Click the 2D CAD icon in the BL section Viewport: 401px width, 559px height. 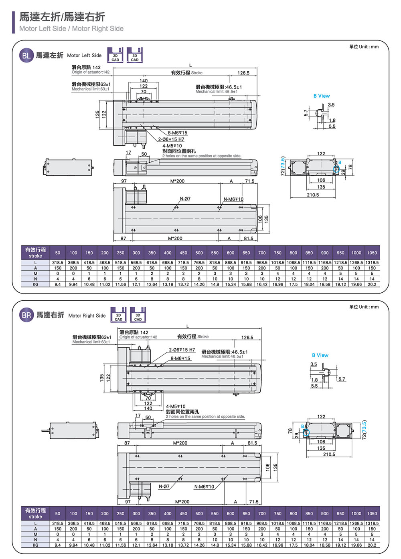point(115,55)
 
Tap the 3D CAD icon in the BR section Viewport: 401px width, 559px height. point(138,315)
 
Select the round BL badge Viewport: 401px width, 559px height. point(26,56)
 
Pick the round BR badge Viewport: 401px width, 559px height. point(26,315)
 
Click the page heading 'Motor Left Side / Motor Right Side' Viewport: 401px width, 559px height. point(71,28)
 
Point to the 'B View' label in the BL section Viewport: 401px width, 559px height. point(322,96)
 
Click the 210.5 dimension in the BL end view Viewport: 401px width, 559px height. point(313,195)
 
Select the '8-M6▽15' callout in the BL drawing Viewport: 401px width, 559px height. point(177,133)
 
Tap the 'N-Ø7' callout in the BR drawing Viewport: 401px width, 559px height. point(164,487)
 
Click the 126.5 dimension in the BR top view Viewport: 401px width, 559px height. point(247,338)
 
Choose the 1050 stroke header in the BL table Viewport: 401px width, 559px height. point(372,253)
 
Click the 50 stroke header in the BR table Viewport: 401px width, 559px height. point(58,513)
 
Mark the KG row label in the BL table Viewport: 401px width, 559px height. point(35,284)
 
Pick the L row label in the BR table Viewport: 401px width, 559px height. point(35,523)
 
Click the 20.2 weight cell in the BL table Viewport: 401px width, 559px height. point(372,284)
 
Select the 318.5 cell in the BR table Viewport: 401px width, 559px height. point(58,523)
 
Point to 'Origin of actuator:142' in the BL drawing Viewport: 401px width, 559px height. point(91,72)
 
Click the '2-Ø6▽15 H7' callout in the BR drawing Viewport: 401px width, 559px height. point(182,350)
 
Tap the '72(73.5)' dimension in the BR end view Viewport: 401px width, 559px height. point(364,430)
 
